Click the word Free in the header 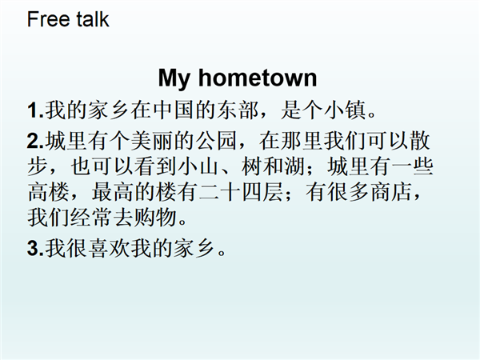point(49,19)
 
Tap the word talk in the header point(93,19)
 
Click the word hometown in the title point(258,78)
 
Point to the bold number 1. point(34,110)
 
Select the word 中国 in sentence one point(174,110)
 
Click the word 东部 point(238,110)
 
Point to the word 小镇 point(346,110)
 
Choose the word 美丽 point(151,141)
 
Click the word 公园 point(216,141)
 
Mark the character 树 point(251,167)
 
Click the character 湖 point(294,167)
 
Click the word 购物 point(155,218)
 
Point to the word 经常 point(91,218)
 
